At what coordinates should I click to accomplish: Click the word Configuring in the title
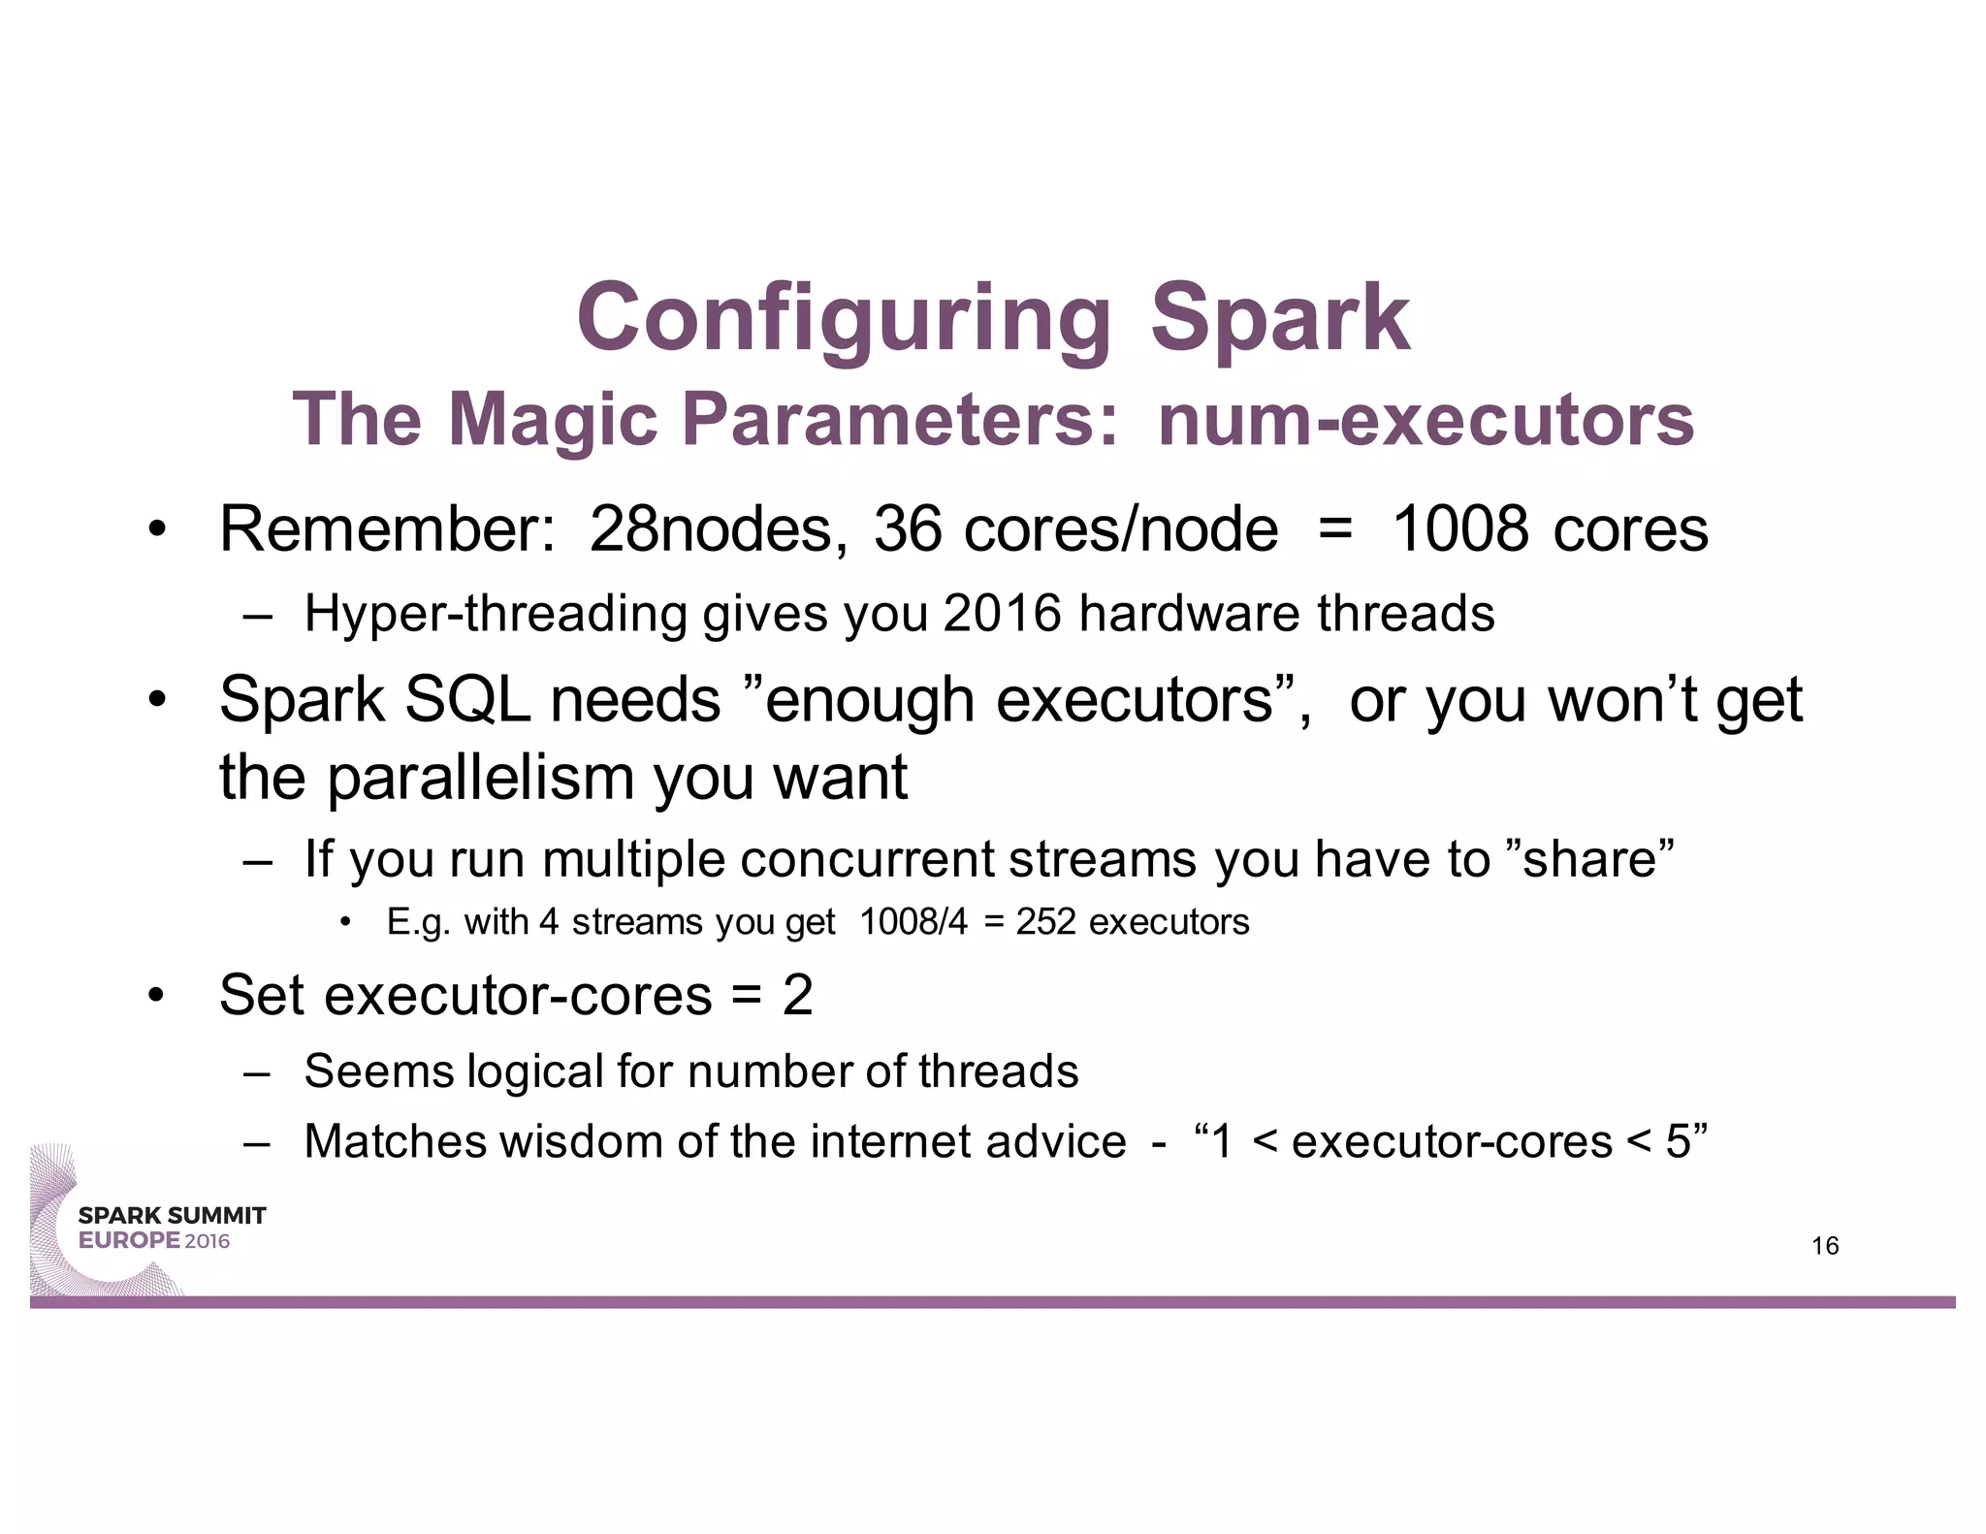coord(842,318)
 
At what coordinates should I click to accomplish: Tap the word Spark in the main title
coord(1279,318)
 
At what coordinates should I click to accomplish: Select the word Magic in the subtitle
coord(553,419)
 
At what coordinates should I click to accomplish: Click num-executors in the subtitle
coord(1425,419)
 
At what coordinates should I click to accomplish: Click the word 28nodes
coord(711,529)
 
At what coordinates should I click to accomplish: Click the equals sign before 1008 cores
coord(1335,529)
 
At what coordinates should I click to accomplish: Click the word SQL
coord(467,699)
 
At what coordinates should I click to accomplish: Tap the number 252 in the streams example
coord(1045,921)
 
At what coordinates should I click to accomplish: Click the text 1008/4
coord(913,921)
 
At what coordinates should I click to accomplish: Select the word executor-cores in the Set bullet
coord(518,995)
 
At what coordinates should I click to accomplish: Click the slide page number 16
coord(1824,1246)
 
